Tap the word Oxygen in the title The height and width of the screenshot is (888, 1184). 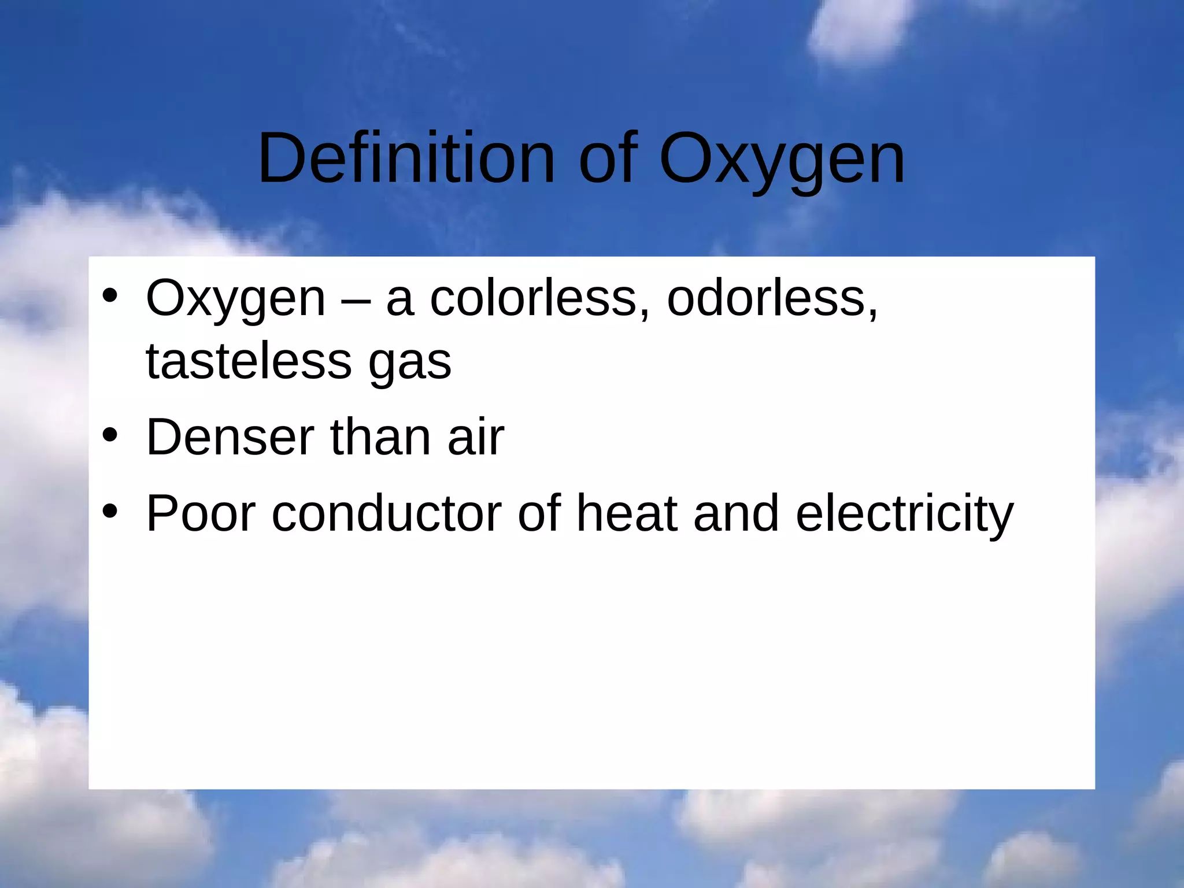click(782, 158)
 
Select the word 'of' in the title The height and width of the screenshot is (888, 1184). click(608, 158)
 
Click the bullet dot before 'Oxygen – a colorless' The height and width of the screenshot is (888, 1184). click(110, 297)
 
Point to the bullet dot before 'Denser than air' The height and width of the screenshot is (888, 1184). click(110, 435)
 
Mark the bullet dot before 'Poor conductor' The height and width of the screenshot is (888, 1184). click(110, 512)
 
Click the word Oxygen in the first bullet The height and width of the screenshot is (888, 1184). click(236, 299)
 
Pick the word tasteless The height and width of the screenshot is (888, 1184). click(249, 361)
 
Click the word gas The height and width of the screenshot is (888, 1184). click(410, 364)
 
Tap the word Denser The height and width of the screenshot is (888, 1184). click(230, 437)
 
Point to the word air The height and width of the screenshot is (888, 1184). click(475, 437)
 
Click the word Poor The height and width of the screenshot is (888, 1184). click(201, 513)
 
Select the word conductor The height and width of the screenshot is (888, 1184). click(387, 513)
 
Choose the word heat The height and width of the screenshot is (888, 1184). click(627, 513)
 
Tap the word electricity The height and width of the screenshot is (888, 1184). click(904, 513)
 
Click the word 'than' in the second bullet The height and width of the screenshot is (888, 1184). click(380, 437)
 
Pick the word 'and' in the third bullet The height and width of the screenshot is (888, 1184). click(736, 513)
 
